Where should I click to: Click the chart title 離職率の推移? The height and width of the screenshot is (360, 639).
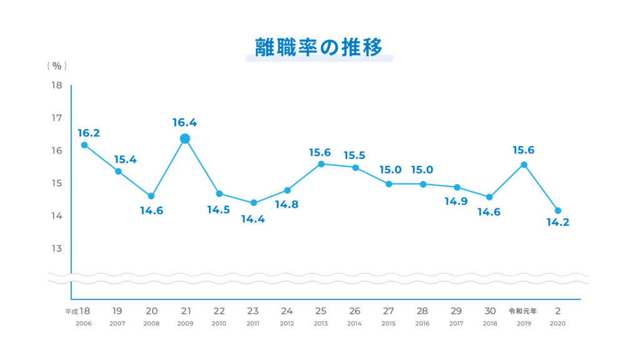(x=319, y=47)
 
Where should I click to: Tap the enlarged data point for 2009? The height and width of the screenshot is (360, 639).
(x=185, y=139)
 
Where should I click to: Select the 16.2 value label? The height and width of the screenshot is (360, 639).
(x=89, y=133)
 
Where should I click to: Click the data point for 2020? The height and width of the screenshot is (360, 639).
(x=558, y=211)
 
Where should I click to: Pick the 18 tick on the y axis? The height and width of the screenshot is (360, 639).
(x=57, y=85)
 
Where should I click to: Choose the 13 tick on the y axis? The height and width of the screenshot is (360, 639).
(x=57, y=248)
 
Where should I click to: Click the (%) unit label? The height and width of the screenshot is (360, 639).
(x=57, y=66)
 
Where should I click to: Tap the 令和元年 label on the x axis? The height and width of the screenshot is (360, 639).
(x=523, y=311)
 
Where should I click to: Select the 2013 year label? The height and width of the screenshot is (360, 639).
(x=321, y=324)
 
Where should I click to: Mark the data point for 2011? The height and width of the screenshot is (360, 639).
(x=253, y=203)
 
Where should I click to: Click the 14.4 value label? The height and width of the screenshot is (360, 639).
(x=253, y=219)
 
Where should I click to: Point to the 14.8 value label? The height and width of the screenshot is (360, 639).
(x=287, y=205)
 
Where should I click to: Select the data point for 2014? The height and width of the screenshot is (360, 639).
(x=355, y=168)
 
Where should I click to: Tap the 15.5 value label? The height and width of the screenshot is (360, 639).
(x=354, y=155)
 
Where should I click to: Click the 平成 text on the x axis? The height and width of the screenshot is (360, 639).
(x=71, y=311)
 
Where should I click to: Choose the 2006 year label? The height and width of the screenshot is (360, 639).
(x=84, y=324)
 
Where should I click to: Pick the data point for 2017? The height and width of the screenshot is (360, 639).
(x=457, y=187)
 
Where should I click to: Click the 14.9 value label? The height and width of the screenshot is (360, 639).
(x=456, y=202)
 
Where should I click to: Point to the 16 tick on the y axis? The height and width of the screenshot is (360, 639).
(x=57, y=151)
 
